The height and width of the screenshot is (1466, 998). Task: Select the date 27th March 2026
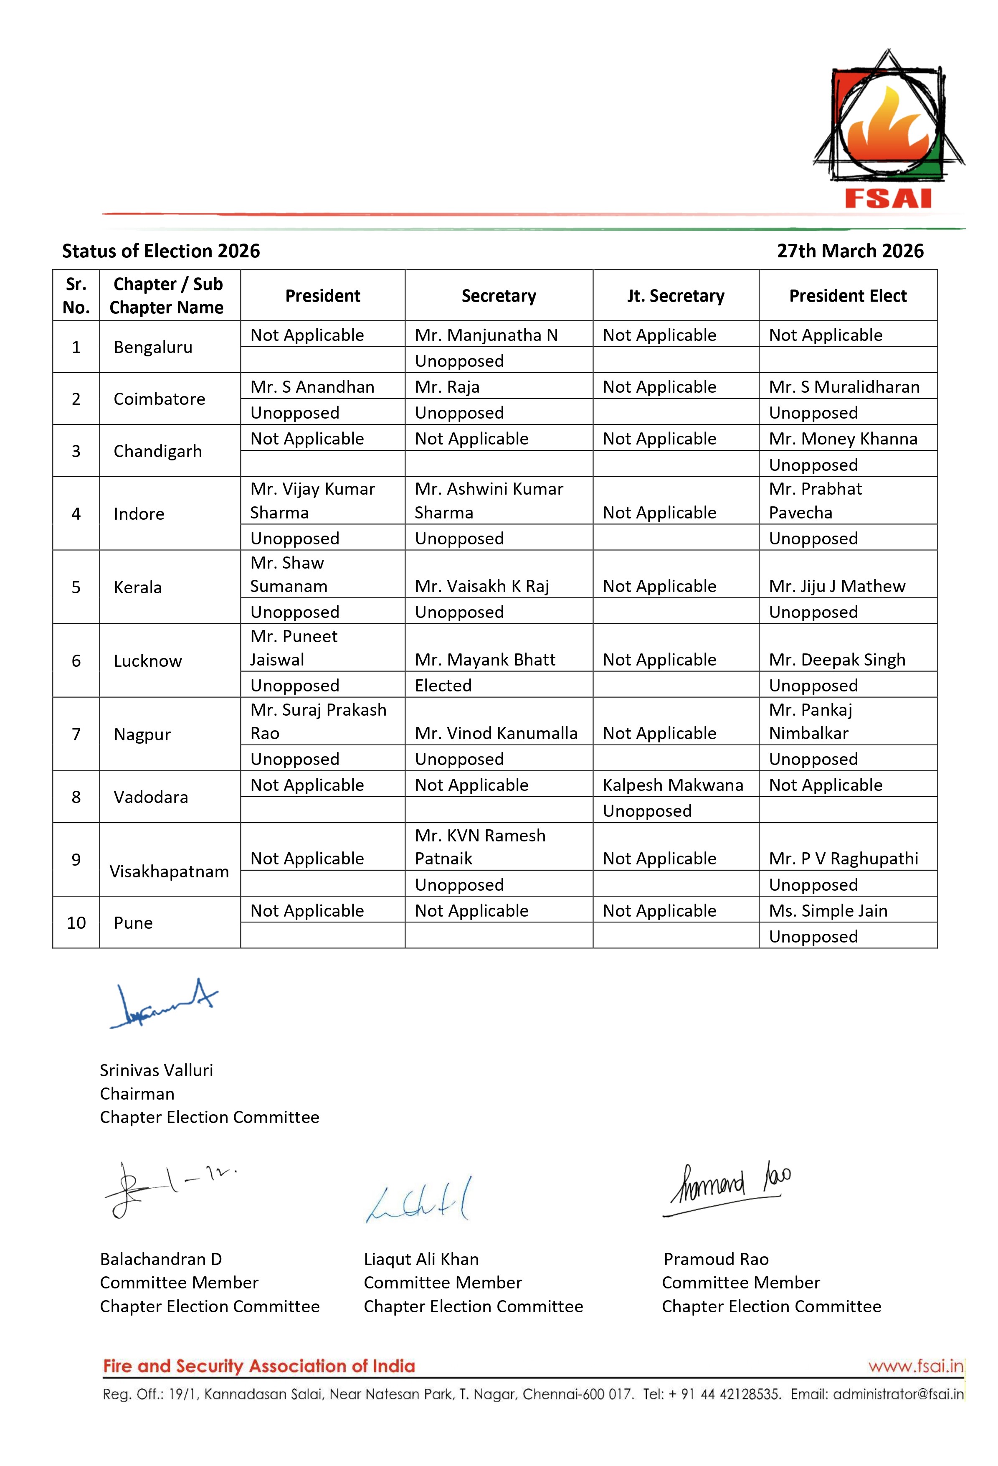click(849, 251)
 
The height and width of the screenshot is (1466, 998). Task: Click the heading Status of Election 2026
click(161, 251)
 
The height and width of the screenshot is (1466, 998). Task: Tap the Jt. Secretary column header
click(675, 296)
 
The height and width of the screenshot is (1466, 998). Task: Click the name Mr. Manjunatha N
click(486, 335)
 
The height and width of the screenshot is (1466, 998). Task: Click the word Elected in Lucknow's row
click(443, 685)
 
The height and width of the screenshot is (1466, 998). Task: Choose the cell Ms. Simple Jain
click(828, 910)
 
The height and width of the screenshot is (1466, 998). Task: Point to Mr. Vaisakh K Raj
click(481, 586)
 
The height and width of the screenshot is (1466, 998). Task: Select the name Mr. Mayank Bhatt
click(485, 659)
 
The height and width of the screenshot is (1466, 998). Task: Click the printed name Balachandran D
click(161, 1259)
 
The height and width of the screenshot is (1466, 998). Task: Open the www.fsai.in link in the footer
click(915, 1366)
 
